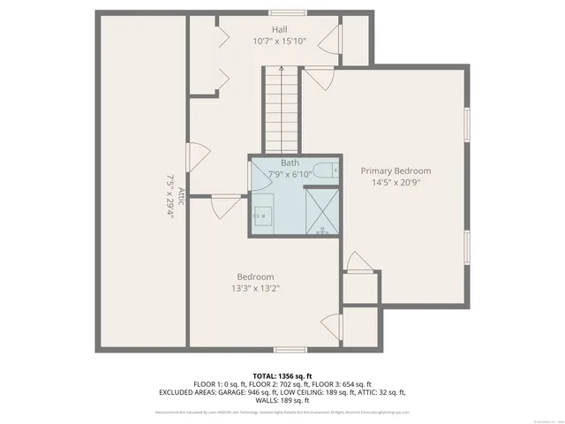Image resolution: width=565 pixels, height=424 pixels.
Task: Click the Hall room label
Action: [278, 29]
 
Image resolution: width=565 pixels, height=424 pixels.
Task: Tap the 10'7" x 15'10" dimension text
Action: [278, 41]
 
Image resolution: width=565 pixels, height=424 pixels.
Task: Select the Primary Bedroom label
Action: [395, 170]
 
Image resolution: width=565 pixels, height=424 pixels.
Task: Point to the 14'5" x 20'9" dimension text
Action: [395, 182]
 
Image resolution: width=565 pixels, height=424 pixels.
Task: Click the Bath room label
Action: [290, 163]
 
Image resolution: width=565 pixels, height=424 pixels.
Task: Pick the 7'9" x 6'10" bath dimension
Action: [290, 174]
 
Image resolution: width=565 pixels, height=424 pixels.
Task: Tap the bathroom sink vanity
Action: [264, 216]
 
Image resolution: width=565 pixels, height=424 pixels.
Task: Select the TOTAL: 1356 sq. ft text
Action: [282, 376]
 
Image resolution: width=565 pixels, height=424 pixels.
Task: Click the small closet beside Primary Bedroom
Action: [361, 288]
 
